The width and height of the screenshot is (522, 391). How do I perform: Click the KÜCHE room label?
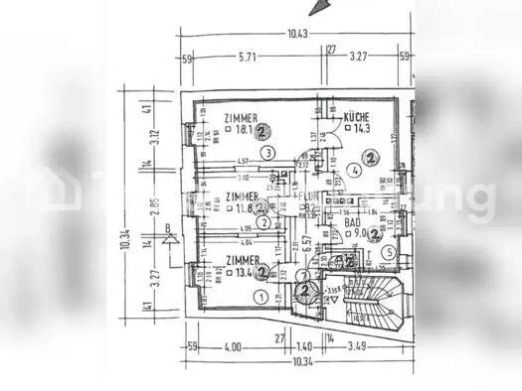(359, 117)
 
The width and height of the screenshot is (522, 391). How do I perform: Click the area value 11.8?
(242, 208)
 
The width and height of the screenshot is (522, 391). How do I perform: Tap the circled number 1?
(261, 296)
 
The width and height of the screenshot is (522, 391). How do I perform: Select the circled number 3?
(269, 153)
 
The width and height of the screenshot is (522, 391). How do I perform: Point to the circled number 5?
(389, 253)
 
